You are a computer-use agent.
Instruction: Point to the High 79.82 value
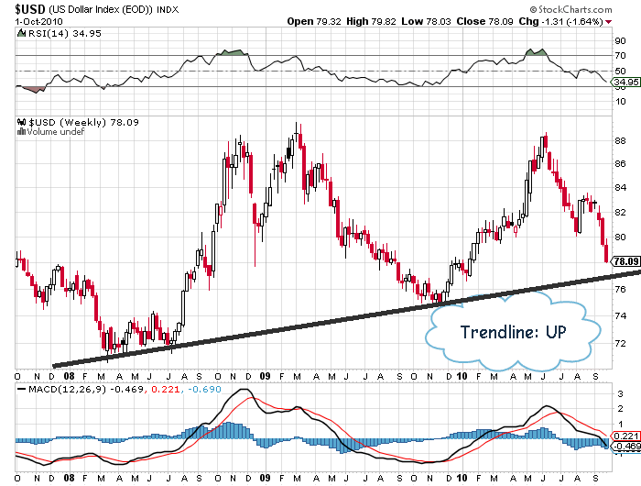coord(370,20)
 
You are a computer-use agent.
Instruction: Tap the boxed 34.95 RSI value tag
coord(625,83)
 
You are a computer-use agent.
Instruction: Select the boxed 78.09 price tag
coord(625,261)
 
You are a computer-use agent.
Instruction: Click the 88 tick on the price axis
coord(620,140)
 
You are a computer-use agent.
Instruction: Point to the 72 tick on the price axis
coord(620,342)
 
